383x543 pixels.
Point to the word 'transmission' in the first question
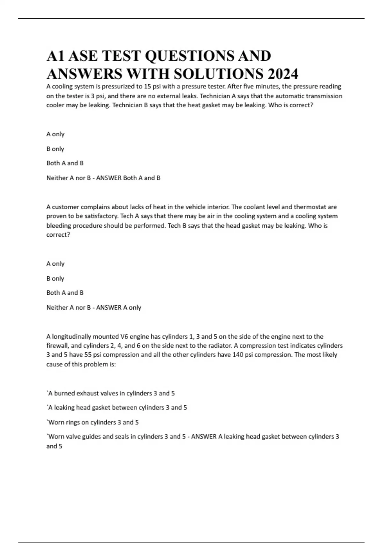[x=324, y=96]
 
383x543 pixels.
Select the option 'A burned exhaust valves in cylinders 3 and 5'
[x=111, y=394]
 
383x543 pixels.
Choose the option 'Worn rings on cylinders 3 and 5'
[x=94, y=422]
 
